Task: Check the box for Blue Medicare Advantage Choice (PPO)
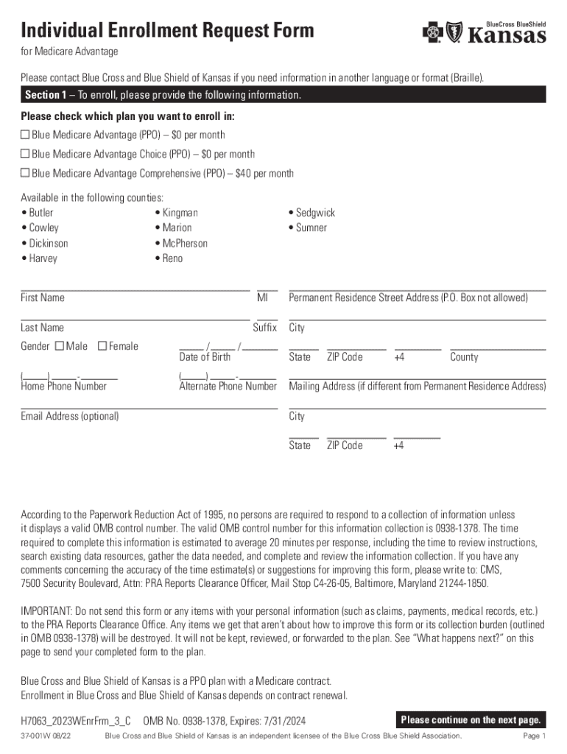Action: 25,154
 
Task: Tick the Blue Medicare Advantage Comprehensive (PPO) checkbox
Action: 25,173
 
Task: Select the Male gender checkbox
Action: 60,346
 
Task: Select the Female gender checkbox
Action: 102,346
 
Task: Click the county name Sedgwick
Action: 315,213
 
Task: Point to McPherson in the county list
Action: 185,243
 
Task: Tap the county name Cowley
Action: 43,228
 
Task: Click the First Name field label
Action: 42,297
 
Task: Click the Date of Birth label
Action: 205,357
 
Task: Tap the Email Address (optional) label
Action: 69,416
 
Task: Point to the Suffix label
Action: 264,328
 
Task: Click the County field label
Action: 464,357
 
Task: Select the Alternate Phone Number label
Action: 228,387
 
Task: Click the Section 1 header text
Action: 163,96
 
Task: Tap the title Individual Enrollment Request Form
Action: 167,31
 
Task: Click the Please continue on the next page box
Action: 471,719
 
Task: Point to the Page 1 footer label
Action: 533,736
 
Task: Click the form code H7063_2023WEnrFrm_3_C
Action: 76,719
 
